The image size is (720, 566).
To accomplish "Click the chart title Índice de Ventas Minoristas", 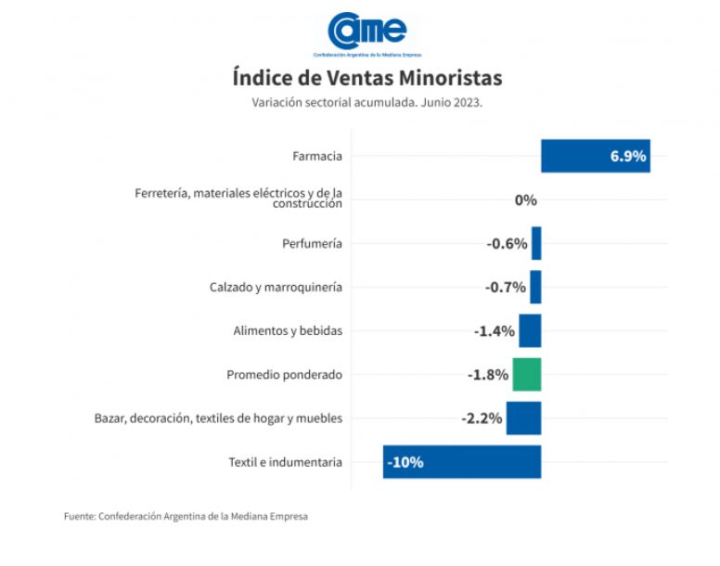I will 366,76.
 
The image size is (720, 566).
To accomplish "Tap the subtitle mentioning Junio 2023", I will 366,102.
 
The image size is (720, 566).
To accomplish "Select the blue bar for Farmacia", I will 594,156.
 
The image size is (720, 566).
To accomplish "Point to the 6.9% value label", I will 628,156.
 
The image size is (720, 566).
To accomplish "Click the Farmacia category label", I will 315,156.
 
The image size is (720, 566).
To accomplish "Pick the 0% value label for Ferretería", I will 526,199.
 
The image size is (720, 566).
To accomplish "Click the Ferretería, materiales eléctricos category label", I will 238,199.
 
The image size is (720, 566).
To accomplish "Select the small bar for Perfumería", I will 536,243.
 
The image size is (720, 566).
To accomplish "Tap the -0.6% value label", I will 507,243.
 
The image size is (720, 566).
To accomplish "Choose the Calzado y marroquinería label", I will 276,288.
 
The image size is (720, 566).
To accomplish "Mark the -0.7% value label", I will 506,288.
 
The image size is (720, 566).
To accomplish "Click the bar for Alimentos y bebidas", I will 530,331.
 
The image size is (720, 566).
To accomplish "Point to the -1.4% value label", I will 494,331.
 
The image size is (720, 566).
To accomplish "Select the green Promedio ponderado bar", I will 527,375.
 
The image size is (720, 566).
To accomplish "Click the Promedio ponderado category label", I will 284,375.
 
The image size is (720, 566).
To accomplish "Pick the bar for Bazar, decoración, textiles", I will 523,418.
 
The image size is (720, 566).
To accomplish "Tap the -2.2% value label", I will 482,418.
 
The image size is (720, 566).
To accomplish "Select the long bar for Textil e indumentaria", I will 462,462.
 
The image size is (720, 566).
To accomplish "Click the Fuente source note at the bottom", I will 186,516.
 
